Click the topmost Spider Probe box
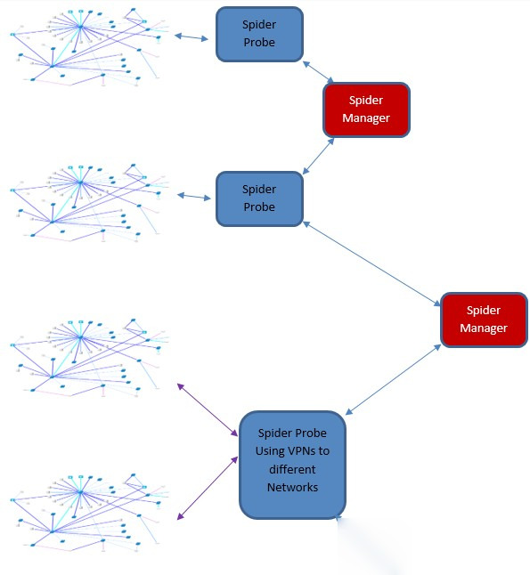[259, 34]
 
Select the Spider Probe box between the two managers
[259, 198]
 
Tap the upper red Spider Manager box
[366, 109]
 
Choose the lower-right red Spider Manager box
[484, 320]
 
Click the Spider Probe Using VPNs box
[292, 465]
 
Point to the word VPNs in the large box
[298, 450]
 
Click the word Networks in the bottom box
[292, 487]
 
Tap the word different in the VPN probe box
[292, 469]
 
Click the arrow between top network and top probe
[192, 36]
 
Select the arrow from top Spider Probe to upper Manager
[318, 72]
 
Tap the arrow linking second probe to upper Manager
[318, 157]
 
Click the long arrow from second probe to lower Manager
[371, 263]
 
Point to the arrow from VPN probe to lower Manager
[393, 379]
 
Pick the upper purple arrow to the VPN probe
[208, 409]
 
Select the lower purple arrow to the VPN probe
[208, 488]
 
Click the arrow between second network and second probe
[194, 197]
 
